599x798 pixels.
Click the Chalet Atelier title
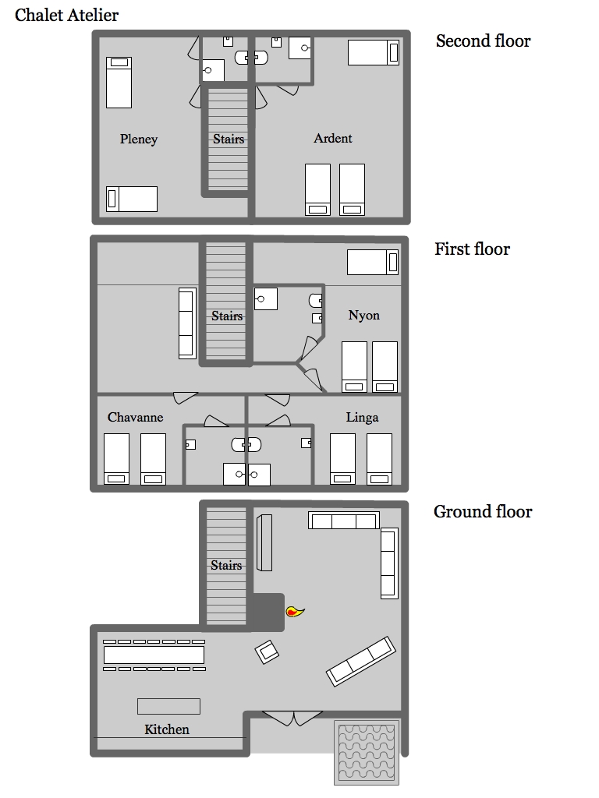[x=67, y=16]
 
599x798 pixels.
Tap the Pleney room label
[x=139, y=139]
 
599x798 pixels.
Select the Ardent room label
[x=332, y=139]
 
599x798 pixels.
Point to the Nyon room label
[x=363, y=316]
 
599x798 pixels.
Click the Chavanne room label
[x=136, y=418]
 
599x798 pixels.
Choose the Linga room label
[x=362, y=418]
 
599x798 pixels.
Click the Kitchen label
[x=167, y=729]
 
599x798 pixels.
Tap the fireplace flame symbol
[x=294, y=611]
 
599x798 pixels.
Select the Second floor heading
[x=483, y=41]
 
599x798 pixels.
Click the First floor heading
[x=472, y=249]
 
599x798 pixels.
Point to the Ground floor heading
[x=482, y=511]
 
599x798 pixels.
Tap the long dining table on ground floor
[x=154, y=655]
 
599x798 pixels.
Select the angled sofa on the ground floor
[x=360, y=661]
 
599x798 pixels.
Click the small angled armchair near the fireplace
[x=267, y=652]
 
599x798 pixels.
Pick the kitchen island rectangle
[x=168, y=706]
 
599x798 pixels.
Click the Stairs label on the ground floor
[x=226, y=565]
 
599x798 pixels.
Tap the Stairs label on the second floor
[x=229, y=139]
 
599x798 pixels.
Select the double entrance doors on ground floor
[x=292, y=719]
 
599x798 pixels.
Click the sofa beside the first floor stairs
[x=187, y=323]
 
